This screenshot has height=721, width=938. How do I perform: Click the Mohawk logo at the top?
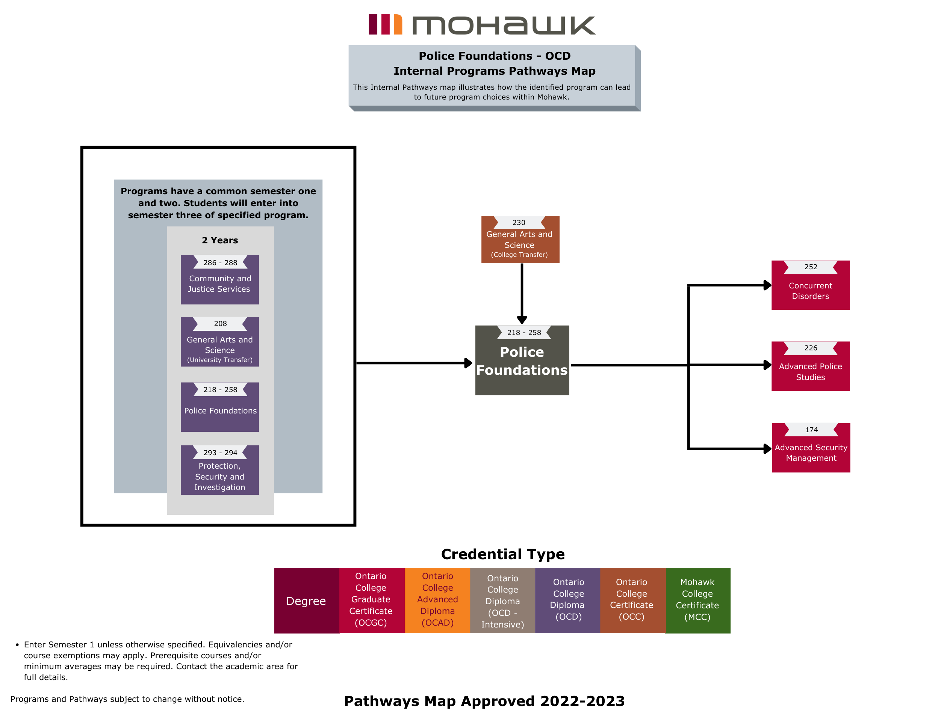(x=482, y=24)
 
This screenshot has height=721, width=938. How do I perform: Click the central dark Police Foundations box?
(x=522, y=361)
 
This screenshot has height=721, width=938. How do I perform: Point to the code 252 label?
(x=811, y=267)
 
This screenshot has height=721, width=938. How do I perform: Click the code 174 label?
(x=811, y=430)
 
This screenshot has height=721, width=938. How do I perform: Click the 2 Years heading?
(x=219, y=240)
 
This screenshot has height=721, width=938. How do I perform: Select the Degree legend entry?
(x=306, y=600)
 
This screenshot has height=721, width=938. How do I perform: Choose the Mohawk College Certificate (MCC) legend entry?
(x=697, y=600)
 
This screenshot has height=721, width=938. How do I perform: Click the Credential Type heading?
(x=502, y=554)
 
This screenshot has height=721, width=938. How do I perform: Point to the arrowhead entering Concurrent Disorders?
(x=767, y=285)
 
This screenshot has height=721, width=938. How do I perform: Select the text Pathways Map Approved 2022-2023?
(x=484, y=700)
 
